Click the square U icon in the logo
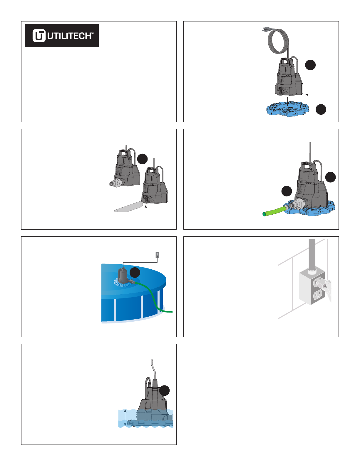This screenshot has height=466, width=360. tap(39, 36)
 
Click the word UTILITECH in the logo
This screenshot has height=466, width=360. tap(69, 36)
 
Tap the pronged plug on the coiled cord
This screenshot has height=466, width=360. tap(265, 30)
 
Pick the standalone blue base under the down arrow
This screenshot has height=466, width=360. tap(288, 109)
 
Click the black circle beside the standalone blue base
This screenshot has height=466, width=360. tap(321, 109)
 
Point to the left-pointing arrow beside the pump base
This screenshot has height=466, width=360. tap(310, 95)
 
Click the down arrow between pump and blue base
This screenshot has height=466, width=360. tap(288, 101)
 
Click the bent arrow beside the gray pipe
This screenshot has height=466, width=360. tap(150, 207)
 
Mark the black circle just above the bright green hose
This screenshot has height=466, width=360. tap(287, 191)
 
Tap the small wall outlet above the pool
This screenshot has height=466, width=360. tap(157, 255)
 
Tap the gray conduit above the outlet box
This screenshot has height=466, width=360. tap(312, 255)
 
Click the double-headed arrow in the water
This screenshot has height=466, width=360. tap(125, 417)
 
